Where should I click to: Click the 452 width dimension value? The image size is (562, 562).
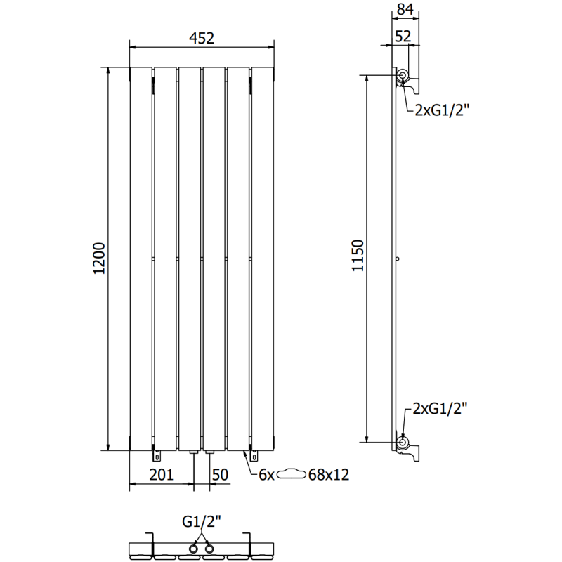(x=201, y=39)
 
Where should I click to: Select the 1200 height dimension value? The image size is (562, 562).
(x=99, y=259)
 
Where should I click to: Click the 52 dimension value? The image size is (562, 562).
(x=403, y=37)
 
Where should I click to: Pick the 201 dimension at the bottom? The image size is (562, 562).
(x=161, y=475)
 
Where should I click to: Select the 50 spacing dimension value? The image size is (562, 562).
(x=220, y=475)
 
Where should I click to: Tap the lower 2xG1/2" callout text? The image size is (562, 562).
(x=442, y=408)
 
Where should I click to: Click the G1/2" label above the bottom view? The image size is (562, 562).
(x=201, y=521)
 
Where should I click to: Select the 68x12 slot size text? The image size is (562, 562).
(x=329, y=475)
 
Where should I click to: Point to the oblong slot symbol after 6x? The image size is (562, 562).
(x=292, y=475)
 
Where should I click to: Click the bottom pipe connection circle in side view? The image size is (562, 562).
(x=403, y=442)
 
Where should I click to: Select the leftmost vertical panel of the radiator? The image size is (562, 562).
(x=140, y=259)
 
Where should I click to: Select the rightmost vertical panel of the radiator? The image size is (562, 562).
(x=262, y=259)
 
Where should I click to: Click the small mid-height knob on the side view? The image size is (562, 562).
(x=398, y=259)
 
